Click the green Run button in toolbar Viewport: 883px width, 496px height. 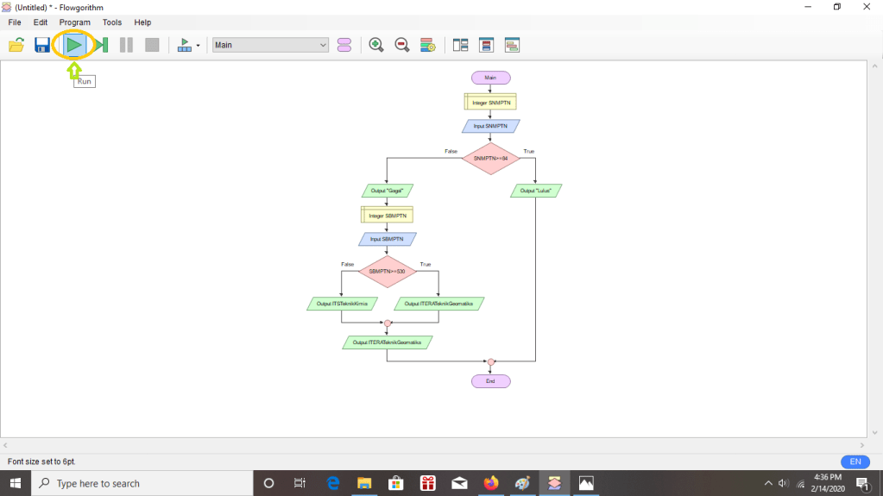pyautogui.click(x=74, y=45)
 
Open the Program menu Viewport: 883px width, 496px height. pyautogui.click(x=74, y=22)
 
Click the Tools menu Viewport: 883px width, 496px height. pyautogui.click(x=112, y=22)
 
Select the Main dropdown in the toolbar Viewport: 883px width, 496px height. pyautogui.click(x=270, y=45)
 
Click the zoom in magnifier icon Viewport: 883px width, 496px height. pyautogui.click(x=376, y=45)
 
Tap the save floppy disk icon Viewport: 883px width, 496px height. pyautogui.click(x=41, y=45)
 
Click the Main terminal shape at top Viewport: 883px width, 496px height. pyautogui.click(x=490, y=78)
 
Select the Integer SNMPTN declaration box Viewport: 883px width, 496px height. pyautogui.click(x=490, y=103)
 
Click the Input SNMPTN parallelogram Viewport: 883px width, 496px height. pyautogui.click(x=490, y=126)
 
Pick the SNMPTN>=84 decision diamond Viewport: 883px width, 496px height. pyautogui.click(x=490, y=158)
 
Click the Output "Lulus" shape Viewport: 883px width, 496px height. pyautogui.click(x=536, y=190)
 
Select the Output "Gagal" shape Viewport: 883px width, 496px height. pyautogui.click(x=388, y=190)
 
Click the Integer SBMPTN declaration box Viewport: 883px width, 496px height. pyautogui.click(x=387, y=215)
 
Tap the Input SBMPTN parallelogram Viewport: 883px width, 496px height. pyautogui.click(x=388, y=239)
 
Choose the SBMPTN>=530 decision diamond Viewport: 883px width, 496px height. pyautogui.click(x=388, y=271)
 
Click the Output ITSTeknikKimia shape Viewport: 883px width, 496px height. pyautogui.click(x=342, y=304)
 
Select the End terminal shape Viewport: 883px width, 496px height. pyautogui.click(x=490, y=380)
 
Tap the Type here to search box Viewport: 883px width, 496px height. pyautogui.click(x=142, y=483)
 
